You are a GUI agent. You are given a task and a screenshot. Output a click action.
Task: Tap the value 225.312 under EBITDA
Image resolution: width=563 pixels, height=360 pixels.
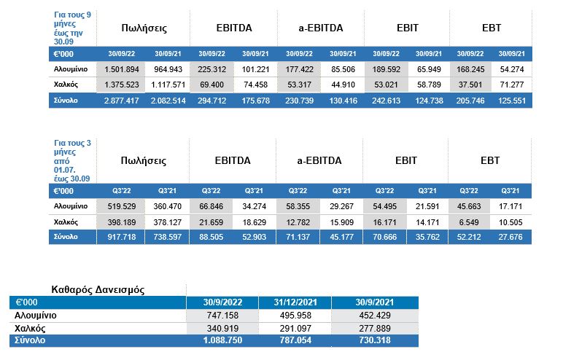coord(212,71)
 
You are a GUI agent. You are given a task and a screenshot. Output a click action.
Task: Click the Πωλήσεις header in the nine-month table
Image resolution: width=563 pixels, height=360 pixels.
coord(144,29)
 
